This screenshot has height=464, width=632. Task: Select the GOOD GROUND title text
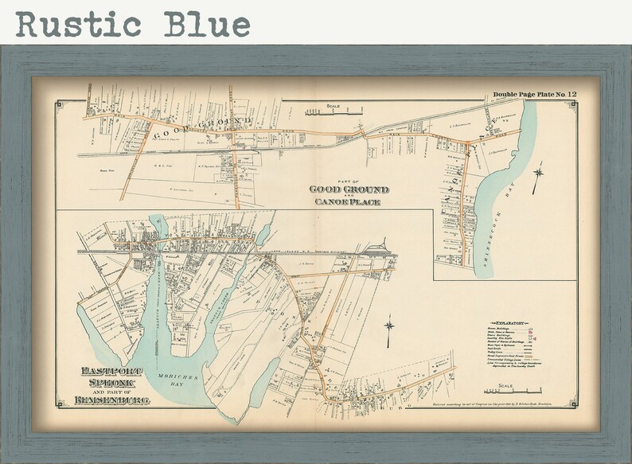[x=349, y=189]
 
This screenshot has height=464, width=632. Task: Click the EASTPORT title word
[x=112, y=370]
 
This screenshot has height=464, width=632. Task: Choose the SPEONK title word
[x=105, y=383]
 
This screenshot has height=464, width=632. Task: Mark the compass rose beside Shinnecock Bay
[x=539, y=173]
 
